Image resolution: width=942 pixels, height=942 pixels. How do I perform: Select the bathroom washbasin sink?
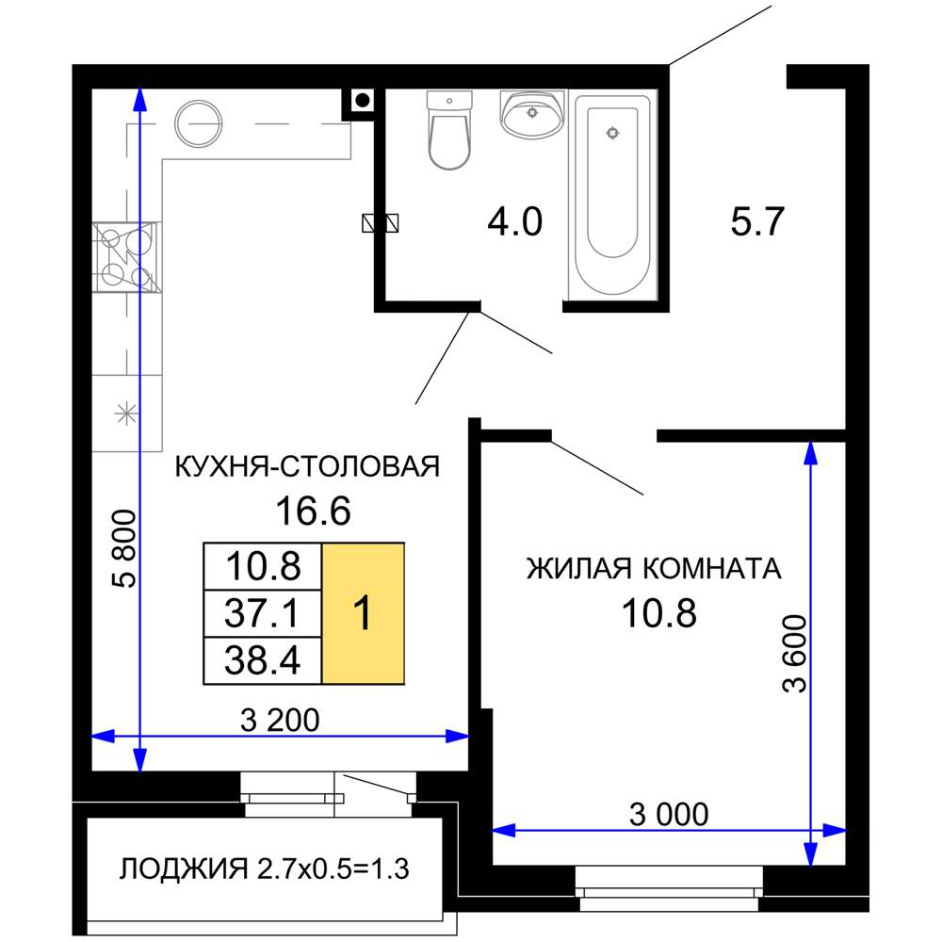pyautogui.click(x=532, y=113)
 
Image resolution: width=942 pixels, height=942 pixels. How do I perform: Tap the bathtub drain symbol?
pyautogui.click(x=613, y=133)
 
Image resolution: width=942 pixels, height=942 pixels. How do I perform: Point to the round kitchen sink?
pyautogui.click(x=199, y=123)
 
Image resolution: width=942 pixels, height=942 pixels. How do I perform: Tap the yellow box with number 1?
pyautogui.click(x=364, y=614)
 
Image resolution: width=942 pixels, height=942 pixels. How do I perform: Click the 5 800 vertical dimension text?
pyautogui.click(x=124, y=550)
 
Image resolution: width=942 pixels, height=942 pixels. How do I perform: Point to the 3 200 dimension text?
pyautogui.click(x=280, y=720)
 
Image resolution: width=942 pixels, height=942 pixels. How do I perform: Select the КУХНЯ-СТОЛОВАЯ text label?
pyautogui.click(x=308, y=466)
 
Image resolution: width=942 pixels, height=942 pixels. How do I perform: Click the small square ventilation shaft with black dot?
pyautogui.click(x=363, y=99)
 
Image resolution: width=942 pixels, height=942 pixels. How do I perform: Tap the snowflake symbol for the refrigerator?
pyautogui.click(x=124, y=414)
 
